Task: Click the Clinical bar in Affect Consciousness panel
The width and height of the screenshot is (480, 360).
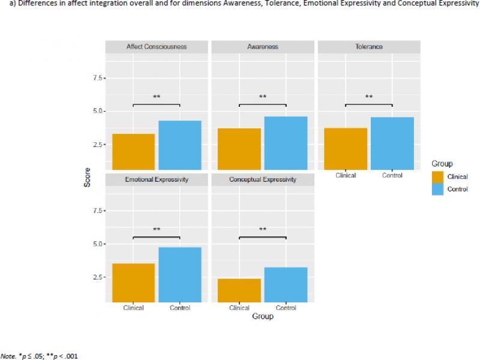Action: [x=133, y=152]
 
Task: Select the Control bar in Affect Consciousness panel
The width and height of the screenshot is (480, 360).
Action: [x=179, y=145]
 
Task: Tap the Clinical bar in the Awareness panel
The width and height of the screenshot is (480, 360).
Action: [x=239, y=149]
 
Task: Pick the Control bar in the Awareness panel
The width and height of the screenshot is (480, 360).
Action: [x=286, y=143]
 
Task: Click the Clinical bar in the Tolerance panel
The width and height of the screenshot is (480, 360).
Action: [x=346, y=149]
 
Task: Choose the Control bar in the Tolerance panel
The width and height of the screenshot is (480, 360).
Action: [x=392, y=144]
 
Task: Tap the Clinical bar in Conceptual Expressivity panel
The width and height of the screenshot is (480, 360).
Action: [x=239, y=290]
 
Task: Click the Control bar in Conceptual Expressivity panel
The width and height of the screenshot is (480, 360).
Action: [x=286, y=284]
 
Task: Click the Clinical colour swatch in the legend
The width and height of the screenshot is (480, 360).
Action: [x=438, y=176]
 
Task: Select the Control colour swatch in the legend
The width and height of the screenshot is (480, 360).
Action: [x=438, y=189]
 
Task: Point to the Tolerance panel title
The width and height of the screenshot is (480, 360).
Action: [x=369, y=47]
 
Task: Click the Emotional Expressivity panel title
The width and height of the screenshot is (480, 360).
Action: [x=157, y=179]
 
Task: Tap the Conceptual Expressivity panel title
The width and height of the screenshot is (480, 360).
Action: [x=263, y=179]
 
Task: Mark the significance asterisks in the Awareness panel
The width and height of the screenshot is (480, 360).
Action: [x=263, y=97]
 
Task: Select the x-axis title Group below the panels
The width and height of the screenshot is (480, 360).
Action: [x=263, y=316]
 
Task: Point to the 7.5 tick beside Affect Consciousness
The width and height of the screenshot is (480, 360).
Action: [x=96, y=78]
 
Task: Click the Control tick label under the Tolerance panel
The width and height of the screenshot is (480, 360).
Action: [x=392, y=176]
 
